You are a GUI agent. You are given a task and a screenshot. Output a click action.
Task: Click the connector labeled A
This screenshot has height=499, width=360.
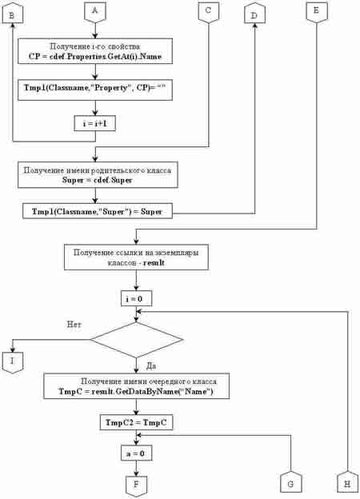tap(95, 13)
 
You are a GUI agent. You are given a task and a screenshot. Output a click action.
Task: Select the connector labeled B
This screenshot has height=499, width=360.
tap(13, 14)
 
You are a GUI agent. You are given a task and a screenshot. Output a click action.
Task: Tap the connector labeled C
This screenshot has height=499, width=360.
tap(209, 13)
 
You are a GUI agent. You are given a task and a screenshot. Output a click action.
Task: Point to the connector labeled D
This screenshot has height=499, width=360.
tap(254, 14)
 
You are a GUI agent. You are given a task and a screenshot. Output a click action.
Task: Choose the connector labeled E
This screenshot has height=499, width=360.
tap(316, 13)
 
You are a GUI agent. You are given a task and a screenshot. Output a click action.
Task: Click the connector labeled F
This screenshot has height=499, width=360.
tap(136, 486)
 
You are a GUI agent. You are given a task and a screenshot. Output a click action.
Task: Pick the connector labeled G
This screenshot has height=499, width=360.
tap(291, 482)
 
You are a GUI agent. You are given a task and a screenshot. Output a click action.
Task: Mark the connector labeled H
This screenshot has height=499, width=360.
tap(347, 482)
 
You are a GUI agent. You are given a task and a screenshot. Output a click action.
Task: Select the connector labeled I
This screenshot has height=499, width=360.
tap(13, 362)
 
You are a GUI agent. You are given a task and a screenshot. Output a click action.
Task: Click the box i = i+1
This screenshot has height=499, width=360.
tap(95, 123)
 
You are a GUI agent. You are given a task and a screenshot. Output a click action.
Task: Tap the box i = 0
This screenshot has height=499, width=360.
tap(136, 299)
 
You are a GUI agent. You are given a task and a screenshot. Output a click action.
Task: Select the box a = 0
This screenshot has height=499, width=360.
tap(136, 453)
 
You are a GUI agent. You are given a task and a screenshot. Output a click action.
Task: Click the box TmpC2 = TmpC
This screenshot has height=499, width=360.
tap(136, 422)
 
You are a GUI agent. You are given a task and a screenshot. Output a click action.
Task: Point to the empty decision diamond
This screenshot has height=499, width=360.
tap(137, 340)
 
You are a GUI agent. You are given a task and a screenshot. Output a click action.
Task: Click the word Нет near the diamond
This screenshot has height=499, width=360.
tap(74, 325)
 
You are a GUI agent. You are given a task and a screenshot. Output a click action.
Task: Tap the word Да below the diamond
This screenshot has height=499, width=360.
tap(151, 366)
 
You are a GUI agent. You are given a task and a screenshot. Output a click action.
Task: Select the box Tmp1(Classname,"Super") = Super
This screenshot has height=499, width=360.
tap(98, 211)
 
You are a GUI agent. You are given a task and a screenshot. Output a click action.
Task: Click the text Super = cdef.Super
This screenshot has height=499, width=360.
tap(97, 180)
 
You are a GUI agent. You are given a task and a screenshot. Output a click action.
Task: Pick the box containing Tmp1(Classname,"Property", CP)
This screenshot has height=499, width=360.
tap(95, 90)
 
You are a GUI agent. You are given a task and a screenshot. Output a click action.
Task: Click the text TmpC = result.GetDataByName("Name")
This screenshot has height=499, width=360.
tap(136, 391)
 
